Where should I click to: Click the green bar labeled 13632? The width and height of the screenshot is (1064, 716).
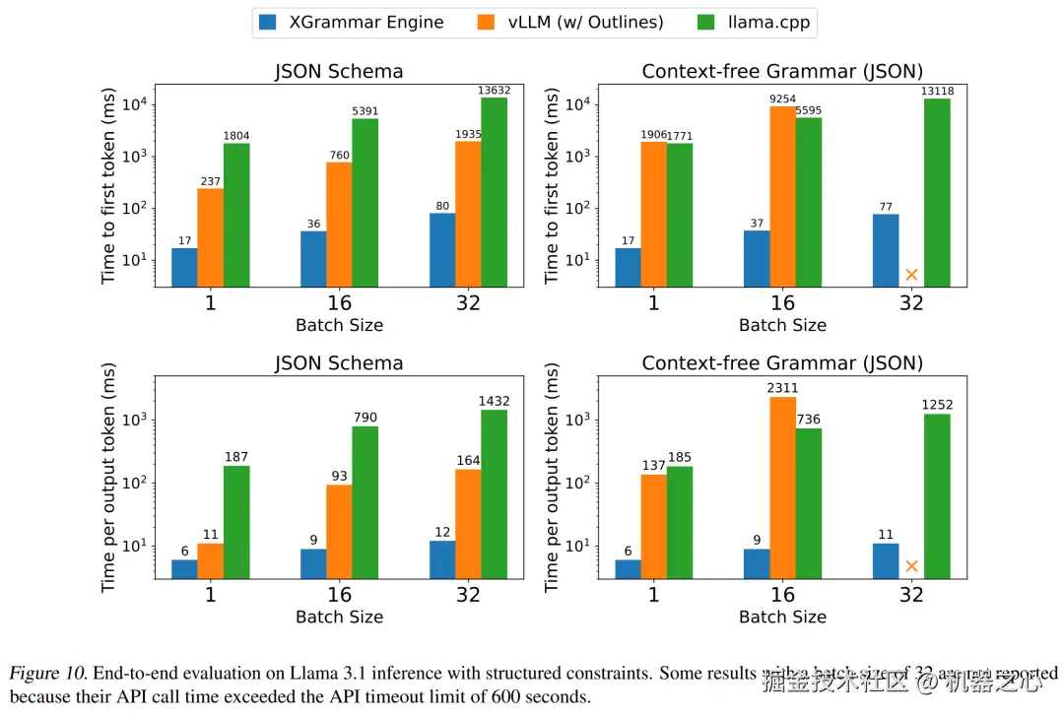point(495,192)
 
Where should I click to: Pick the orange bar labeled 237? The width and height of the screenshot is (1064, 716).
point(210,237)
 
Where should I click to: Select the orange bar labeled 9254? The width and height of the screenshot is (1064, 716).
point(782,197)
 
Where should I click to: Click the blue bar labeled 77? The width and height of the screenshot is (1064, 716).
point(886,250)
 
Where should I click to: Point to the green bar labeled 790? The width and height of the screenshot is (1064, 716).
point(366,501)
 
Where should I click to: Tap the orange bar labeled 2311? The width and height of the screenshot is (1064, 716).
point(782,488)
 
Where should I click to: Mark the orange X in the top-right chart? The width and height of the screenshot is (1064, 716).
point(911,275)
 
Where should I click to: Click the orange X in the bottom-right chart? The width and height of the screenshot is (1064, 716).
point(911,566)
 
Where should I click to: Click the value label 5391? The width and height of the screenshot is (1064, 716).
point(366,111)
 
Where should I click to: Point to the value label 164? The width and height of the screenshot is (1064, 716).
point(468,460)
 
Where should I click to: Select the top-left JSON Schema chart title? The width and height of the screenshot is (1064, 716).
point(338,71)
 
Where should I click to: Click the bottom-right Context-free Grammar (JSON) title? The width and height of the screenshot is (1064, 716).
point(782,362)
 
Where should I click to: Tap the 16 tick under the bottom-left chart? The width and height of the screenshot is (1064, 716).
point(339,594)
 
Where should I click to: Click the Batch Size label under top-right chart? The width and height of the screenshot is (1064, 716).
point(782,325)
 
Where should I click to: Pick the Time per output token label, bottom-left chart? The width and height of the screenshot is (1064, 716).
point(108,484)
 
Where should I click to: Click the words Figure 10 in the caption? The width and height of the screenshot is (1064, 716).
point(46,674)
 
